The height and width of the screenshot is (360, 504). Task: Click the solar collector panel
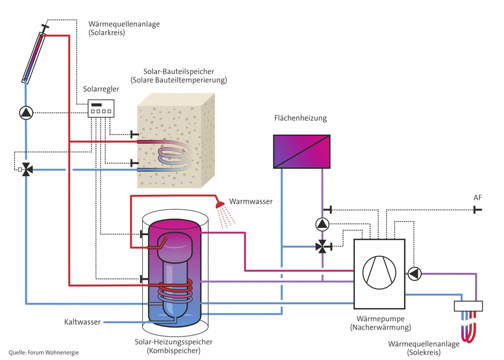pyautogui.click(x=33, y=58)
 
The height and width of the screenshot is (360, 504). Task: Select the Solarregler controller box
pyautogui.click(x=101, y=109)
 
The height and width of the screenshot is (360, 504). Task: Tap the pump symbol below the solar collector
pyautogui.click(x=25, y=113)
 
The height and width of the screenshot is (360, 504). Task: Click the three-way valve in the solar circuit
pyautogui.click(x=26, y=170)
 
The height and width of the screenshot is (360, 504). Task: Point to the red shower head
pyautogui.click(x=220, y=205)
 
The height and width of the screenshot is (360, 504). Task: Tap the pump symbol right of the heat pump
pyautogui.click(x=414, y=273)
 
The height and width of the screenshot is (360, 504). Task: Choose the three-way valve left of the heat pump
pyautogui.click(x=322, y=247)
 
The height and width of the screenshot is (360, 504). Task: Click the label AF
pyautogui.click(x=477, y=198)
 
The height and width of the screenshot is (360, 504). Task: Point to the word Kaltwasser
pyautogui.click(x=82, y=322)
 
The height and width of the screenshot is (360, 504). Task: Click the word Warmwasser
pyautogui.click(x=251, y=202)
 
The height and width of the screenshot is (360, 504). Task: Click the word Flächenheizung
pyautogui.click(x=301, y=118)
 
